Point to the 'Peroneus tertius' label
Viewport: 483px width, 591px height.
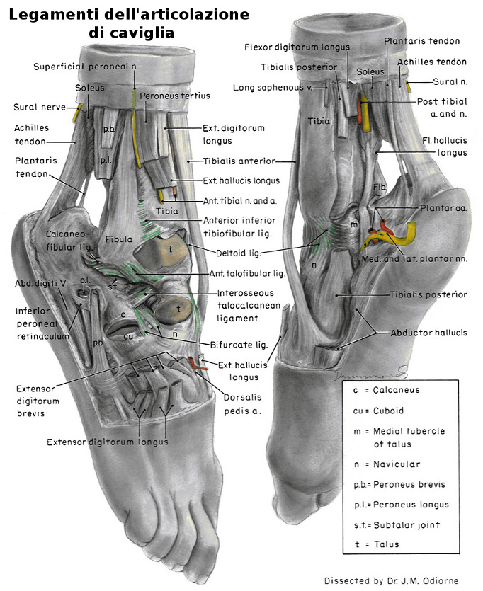[x=168, y=95]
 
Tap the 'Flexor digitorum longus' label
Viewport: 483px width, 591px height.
[x=297, y=47]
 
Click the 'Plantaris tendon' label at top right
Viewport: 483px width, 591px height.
[x=422, y=42]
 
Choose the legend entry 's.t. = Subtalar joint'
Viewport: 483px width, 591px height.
[x=397, y=524]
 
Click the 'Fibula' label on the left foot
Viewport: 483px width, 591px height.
[x=119, y=240]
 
